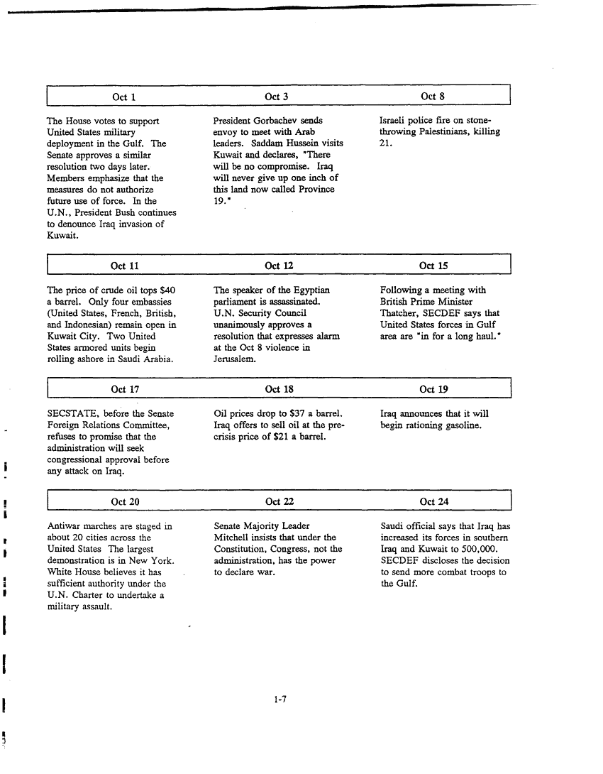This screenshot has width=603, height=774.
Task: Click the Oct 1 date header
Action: coord(124,97)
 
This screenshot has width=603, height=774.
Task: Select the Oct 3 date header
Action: coord(277,97)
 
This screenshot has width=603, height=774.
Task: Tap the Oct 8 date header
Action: coord(432,97)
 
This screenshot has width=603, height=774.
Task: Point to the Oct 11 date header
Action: coord(125,266)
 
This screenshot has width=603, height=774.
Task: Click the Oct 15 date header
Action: coord(433,266)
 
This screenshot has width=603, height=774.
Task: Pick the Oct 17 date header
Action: coord(125,389)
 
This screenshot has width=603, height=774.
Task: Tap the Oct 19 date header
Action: coord(433,389)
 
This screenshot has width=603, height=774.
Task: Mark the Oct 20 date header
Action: coord(125,502)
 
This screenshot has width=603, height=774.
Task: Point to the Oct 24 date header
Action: coord(433,502)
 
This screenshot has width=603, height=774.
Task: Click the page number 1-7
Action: coord(280,699)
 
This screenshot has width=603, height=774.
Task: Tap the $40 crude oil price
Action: coord(167,290)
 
